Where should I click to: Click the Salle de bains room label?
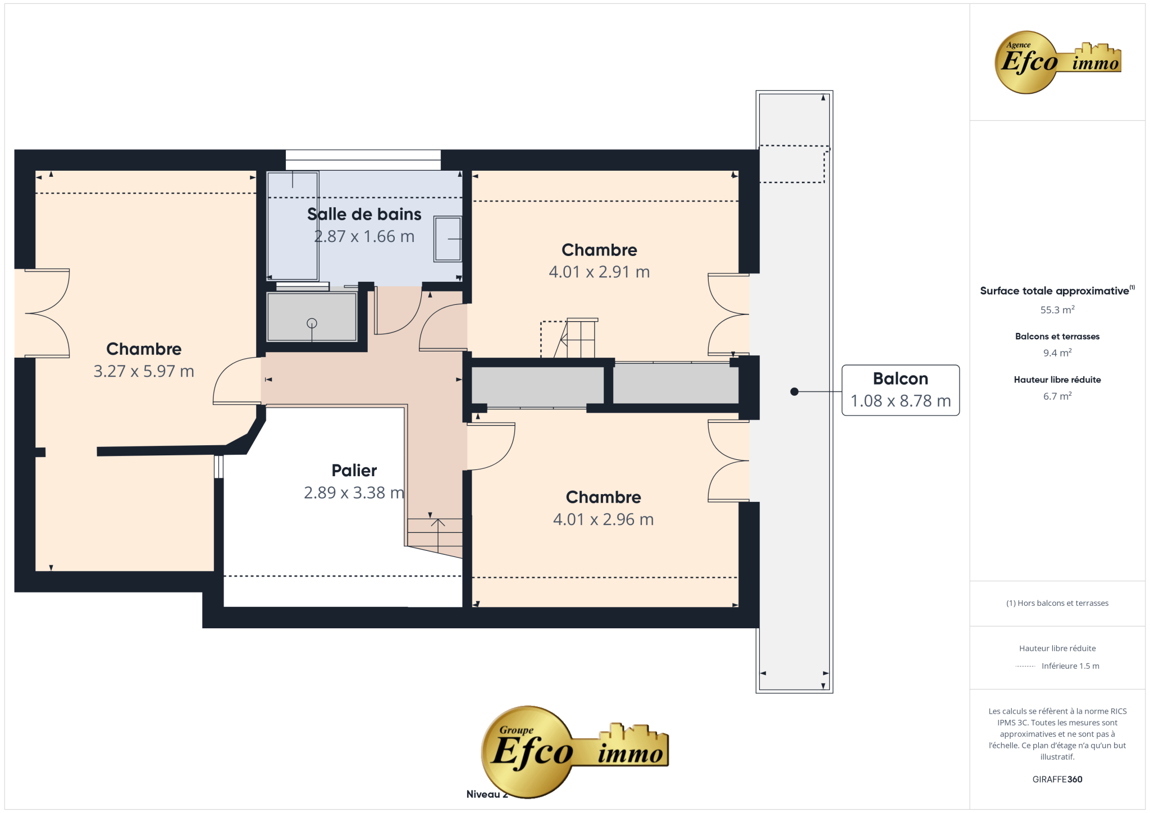pos(364,214)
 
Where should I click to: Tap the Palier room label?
pos(354,471)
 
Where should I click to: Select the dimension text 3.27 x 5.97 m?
pos(144,371)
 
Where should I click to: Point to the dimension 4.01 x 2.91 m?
pos(599,272)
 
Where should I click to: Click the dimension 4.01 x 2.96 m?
pos(603,519)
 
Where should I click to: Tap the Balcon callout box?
pos(900,390)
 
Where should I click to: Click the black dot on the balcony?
pos(794,391)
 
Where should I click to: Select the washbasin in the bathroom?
pos(448,239)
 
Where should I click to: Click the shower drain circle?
pos(312,323)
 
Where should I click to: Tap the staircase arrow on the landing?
pos(438,536)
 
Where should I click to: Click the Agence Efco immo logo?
pos(1057,62)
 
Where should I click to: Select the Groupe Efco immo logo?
pos(574,751)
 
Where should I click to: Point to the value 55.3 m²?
pos(1057,309)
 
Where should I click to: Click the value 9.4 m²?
pos(1057,353)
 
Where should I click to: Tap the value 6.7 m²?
pos(1057,396)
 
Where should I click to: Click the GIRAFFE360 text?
pos(1057,779)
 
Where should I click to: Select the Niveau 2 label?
pos(486,794)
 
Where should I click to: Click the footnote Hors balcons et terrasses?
pos(1063,603)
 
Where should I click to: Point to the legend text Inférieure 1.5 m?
pos(1070,666)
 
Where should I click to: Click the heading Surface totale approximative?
pos(1055,291)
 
